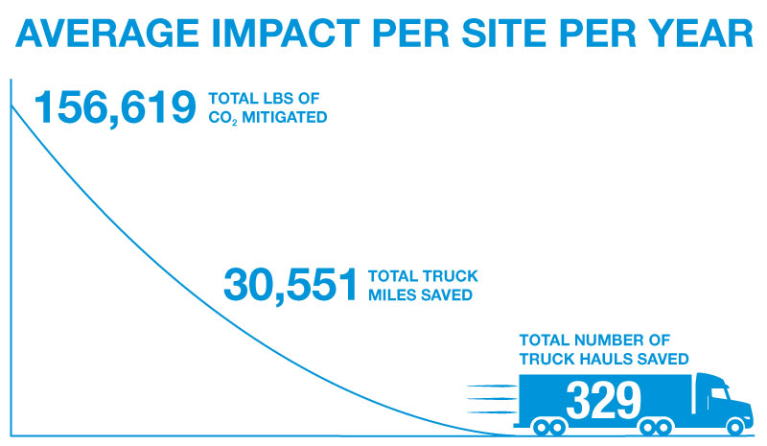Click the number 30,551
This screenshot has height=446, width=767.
pos(291,285)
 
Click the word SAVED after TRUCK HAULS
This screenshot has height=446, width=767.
pos(666,359)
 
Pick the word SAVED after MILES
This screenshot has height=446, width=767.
pos(447,295)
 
